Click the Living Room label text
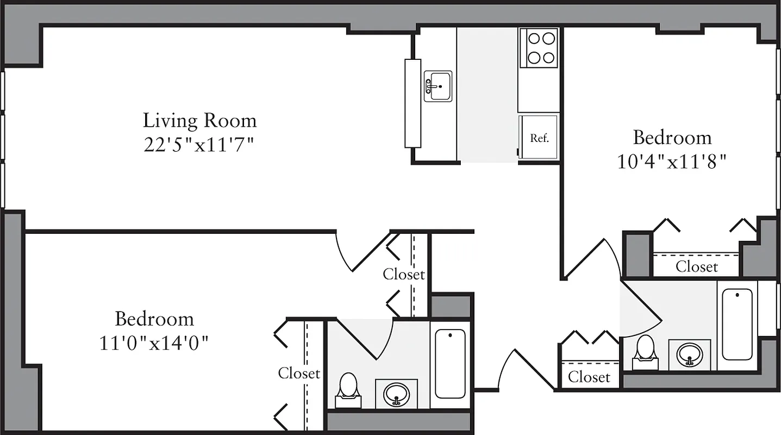click(x=199, y=120)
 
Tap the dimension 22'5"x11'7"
click(x=199, y=145)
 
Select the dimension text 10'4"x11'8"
click(x=672, y=163)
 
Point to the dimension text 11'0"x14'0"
click(x=154, y=343)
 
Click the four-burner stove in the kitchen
click(x=538, y=48)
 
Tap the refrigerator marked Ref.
click(x=538, y=137)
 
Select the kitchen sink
click(x=438, y=86)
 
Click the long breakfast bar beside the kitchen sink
click(x=413, y=103)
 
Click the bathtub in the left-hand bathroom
click(x=450, y=363)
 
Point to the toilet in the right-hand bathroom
click(x=645, y=351)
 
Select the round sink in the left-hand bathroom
click(x=396, y=394)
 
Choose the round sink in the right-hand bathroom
click(x=690, y=355)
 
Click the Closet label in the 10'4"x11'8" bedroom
click(x=696, y=267)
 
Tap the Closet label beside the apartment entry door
click(x=589, y=377)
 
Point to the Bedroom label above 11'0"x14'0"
click(x=154, y=318)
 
